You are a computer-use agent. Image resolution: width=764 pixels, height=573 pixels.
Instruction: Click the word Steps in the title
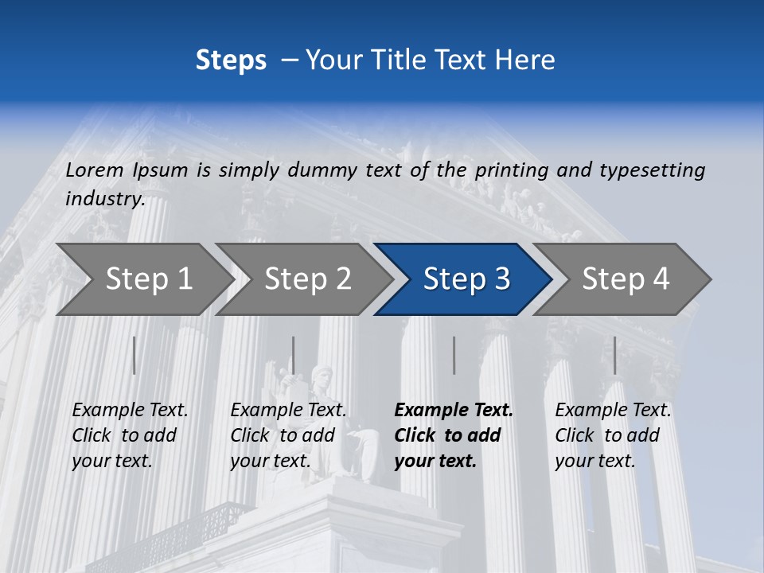[x=231, y=60]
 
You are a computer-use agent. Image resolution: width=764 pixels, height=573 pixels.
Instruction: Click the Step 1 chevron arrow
[x=143, y=279]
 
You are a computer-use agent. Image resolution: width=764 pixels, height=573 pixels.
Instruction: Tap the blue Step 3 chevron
[x=466, y=279]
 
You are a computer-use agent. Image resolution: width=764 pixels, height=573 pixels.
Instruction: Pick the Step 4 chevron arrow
[x=625, y=279]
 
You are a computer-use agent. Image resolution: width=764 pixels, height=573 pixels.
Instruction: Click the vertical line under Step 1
[x=134, y=355]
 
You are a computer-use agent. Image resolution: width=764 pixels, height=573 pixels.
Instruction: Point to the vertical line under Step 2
[x=294, y=355]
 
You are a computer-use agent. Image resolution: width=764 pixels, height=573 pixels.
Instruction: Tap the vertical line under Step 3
[x=454, y=355]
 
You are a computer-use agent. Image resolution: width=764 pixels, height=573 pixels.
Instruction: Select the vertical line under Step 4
[x=614, y=355]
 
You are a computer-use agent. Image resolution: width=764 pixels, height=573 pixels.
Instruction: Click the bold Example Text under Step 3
[x=454, y=411]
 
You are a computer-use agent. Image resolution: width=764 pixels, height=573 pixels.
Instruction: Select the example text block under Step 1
[x=130, y=435]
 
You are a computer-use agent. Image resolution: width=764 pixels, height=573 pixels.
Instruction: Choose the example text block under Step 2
[x=288, y=435]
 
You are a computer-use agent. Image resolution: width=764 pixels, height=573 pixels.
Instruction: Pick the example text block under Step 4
[x=613, y=435]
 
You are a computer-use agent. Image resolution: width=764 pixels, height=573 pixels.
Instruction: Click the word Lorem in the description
[x=95, y=170]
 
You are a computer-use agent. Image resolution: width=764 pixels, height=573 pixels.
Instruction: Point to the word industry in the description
[x=104, y=199]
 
